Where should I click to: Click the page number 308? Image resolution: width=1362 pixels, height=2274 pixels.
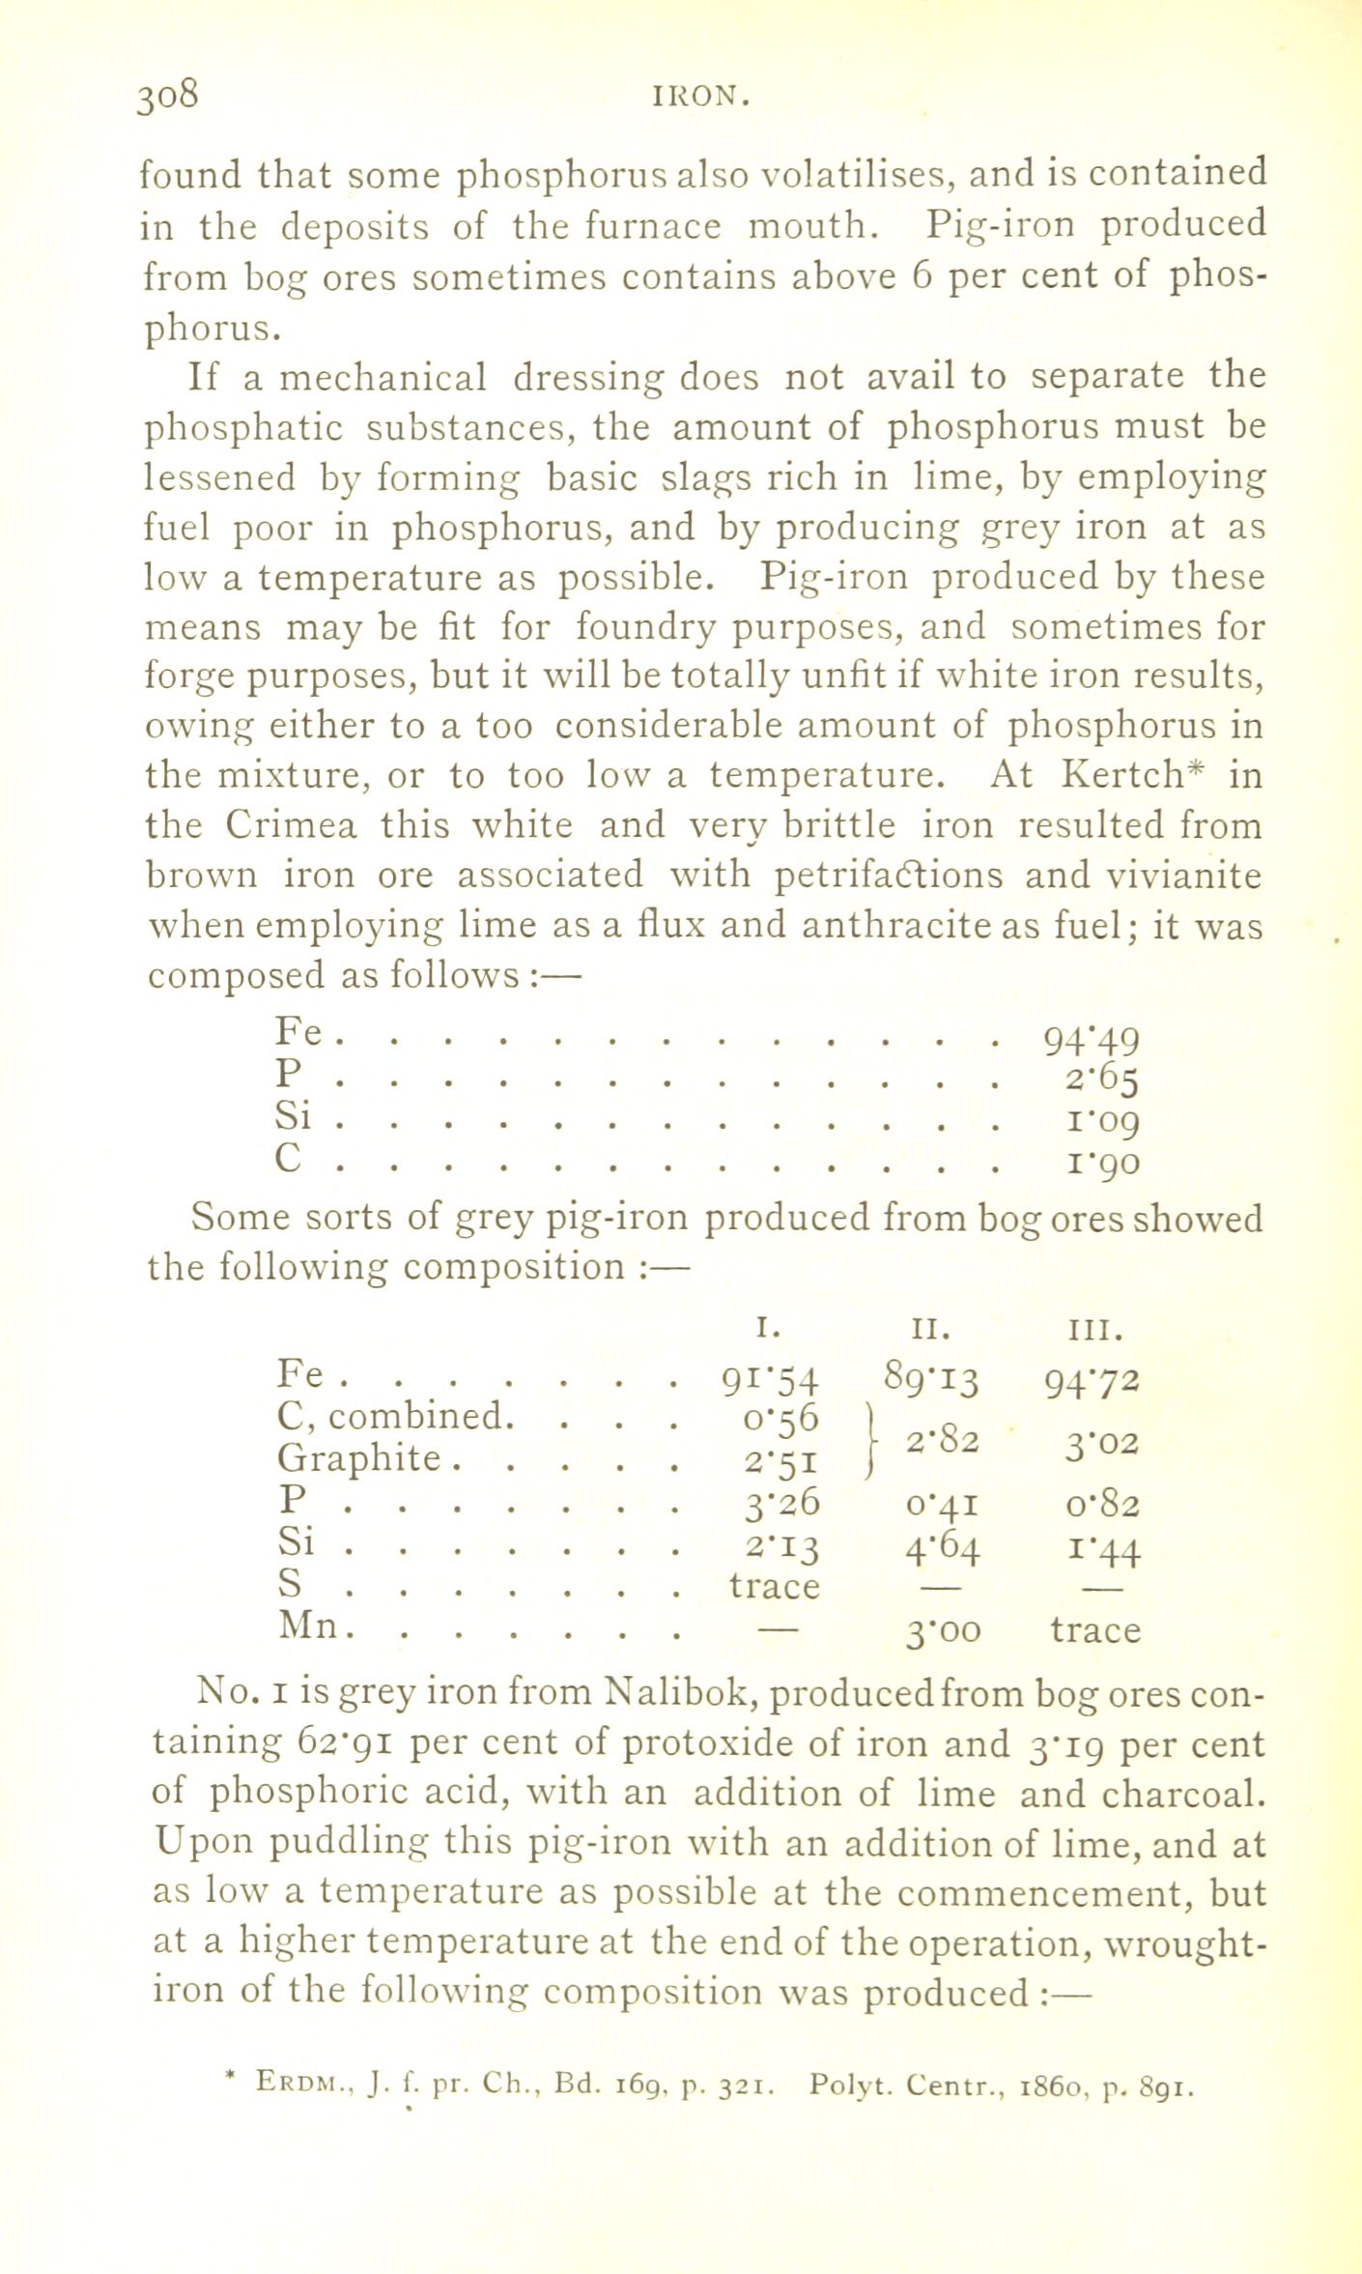169,97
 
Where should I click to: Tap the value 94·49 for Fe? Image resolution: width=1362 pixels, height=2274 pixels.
1092,1041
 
